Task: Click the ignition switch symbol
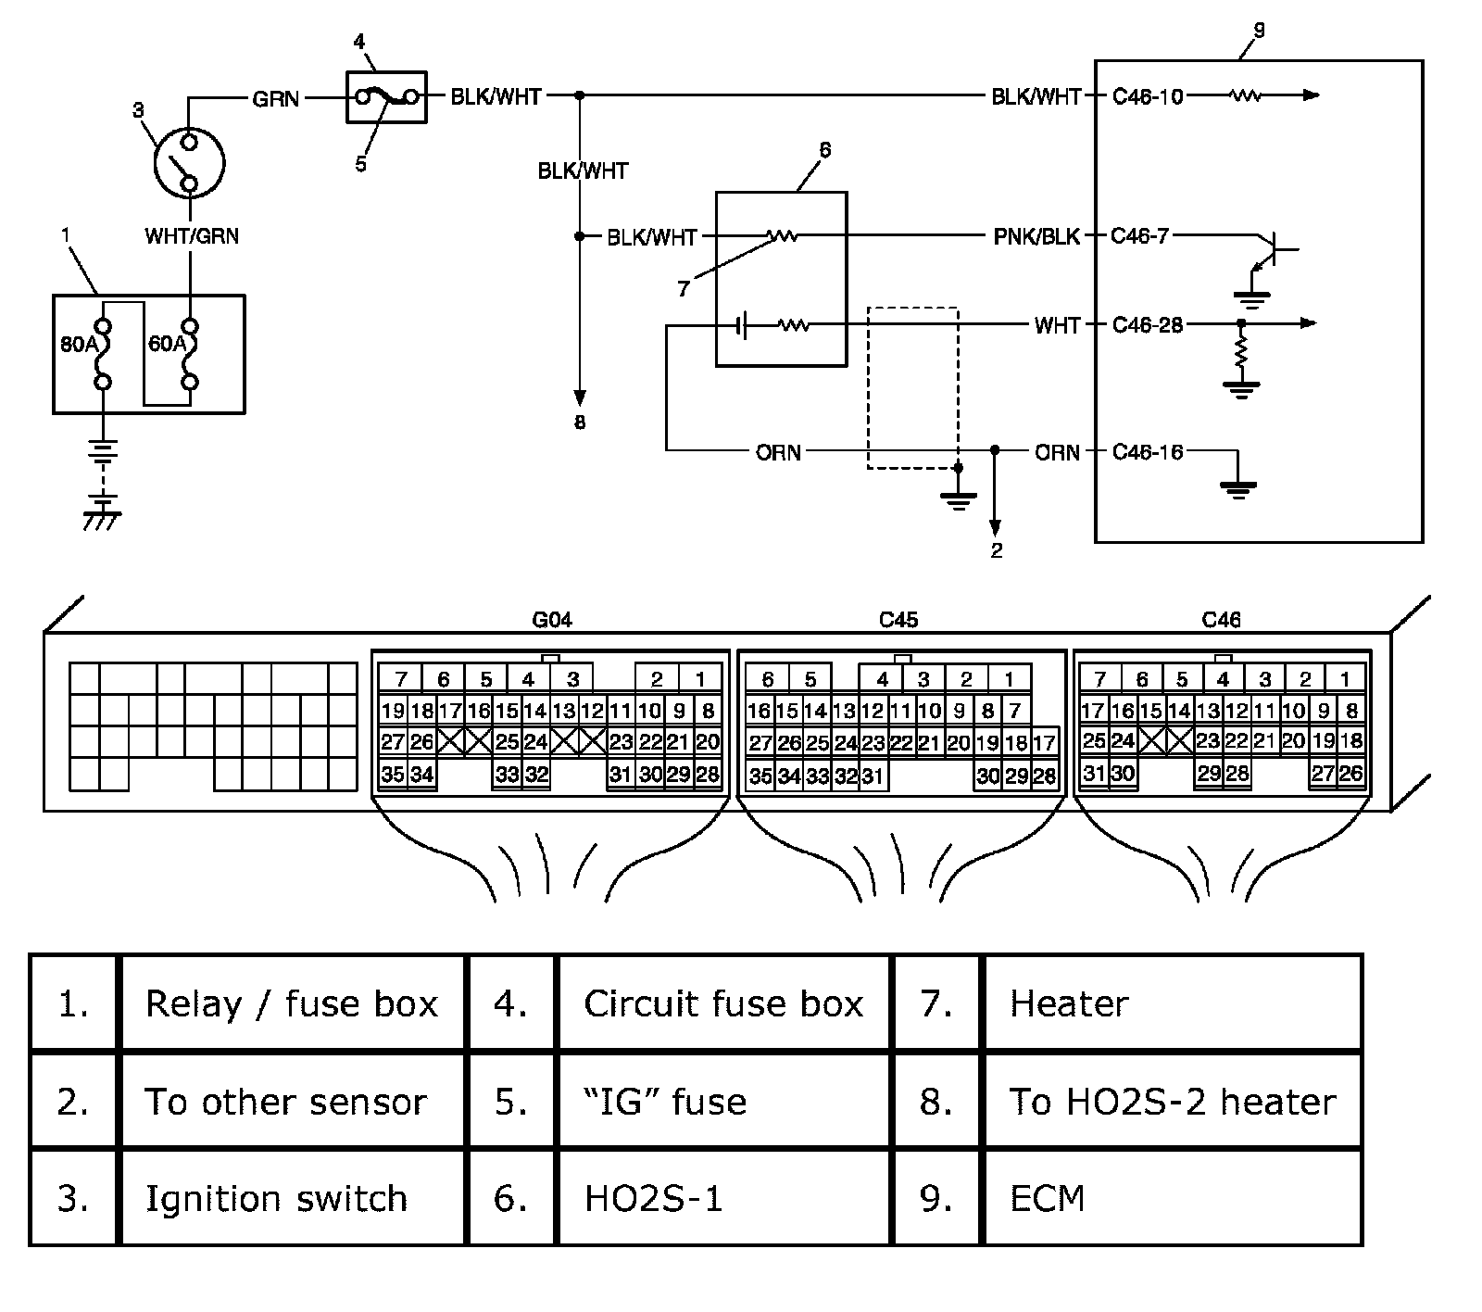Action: pos(189,164)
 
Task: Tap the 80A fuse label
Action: pos(78,344)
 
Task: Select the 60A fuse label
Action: pos(167,344)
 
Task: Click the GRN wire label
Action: pos(275,97)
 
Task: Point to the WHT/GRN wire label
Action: pos(192,236)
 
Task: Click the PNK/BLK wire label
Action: pos(1036,236)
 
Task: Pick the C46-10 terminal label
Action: pos(1148,96)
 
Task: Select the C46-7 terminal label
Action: pos(1140,236)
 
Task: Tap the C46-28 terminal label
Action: pos(1148,324)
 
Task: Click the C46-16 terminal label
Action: pos(1148,452)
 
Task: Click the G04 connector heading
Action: pos(552,620)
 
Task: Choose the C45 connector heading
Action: pos(898,620)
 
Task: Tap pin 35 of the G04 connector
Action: pos(393,774)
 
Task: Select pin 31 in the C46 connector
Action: pos(1095,772)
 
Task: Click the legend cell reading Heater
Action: pos(1069,1003)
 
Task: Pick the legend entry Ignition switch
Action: pos(276,1198)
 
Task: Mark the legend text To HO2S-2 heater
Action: pos(1172,1102)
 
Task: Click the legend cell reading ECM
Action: pos(1047,1198)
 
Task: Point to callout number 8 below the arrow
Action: pos(580,423)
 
